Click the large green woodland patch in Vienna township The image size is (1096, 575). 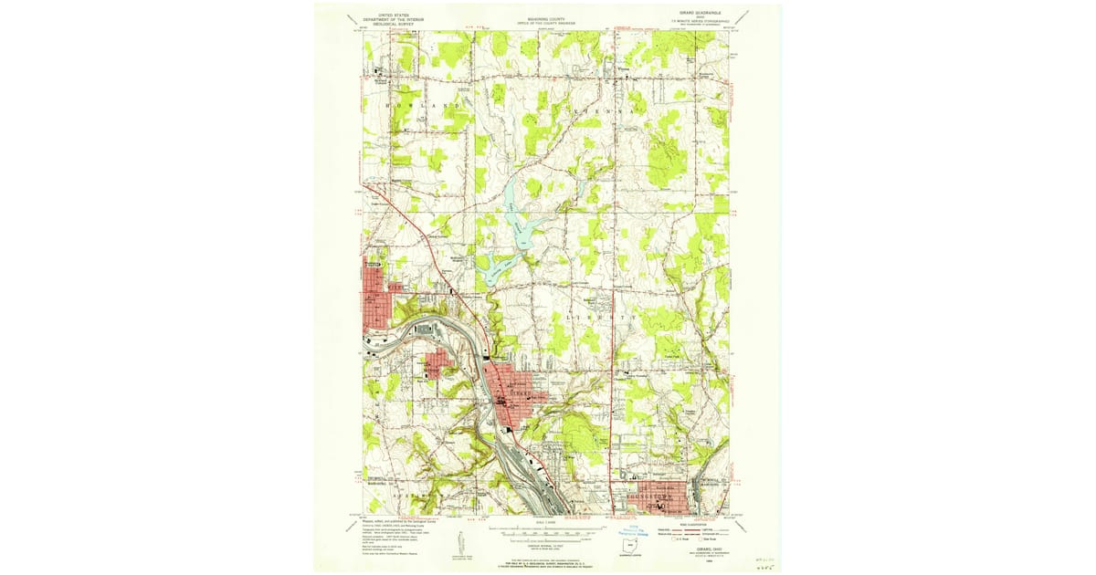664,160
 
